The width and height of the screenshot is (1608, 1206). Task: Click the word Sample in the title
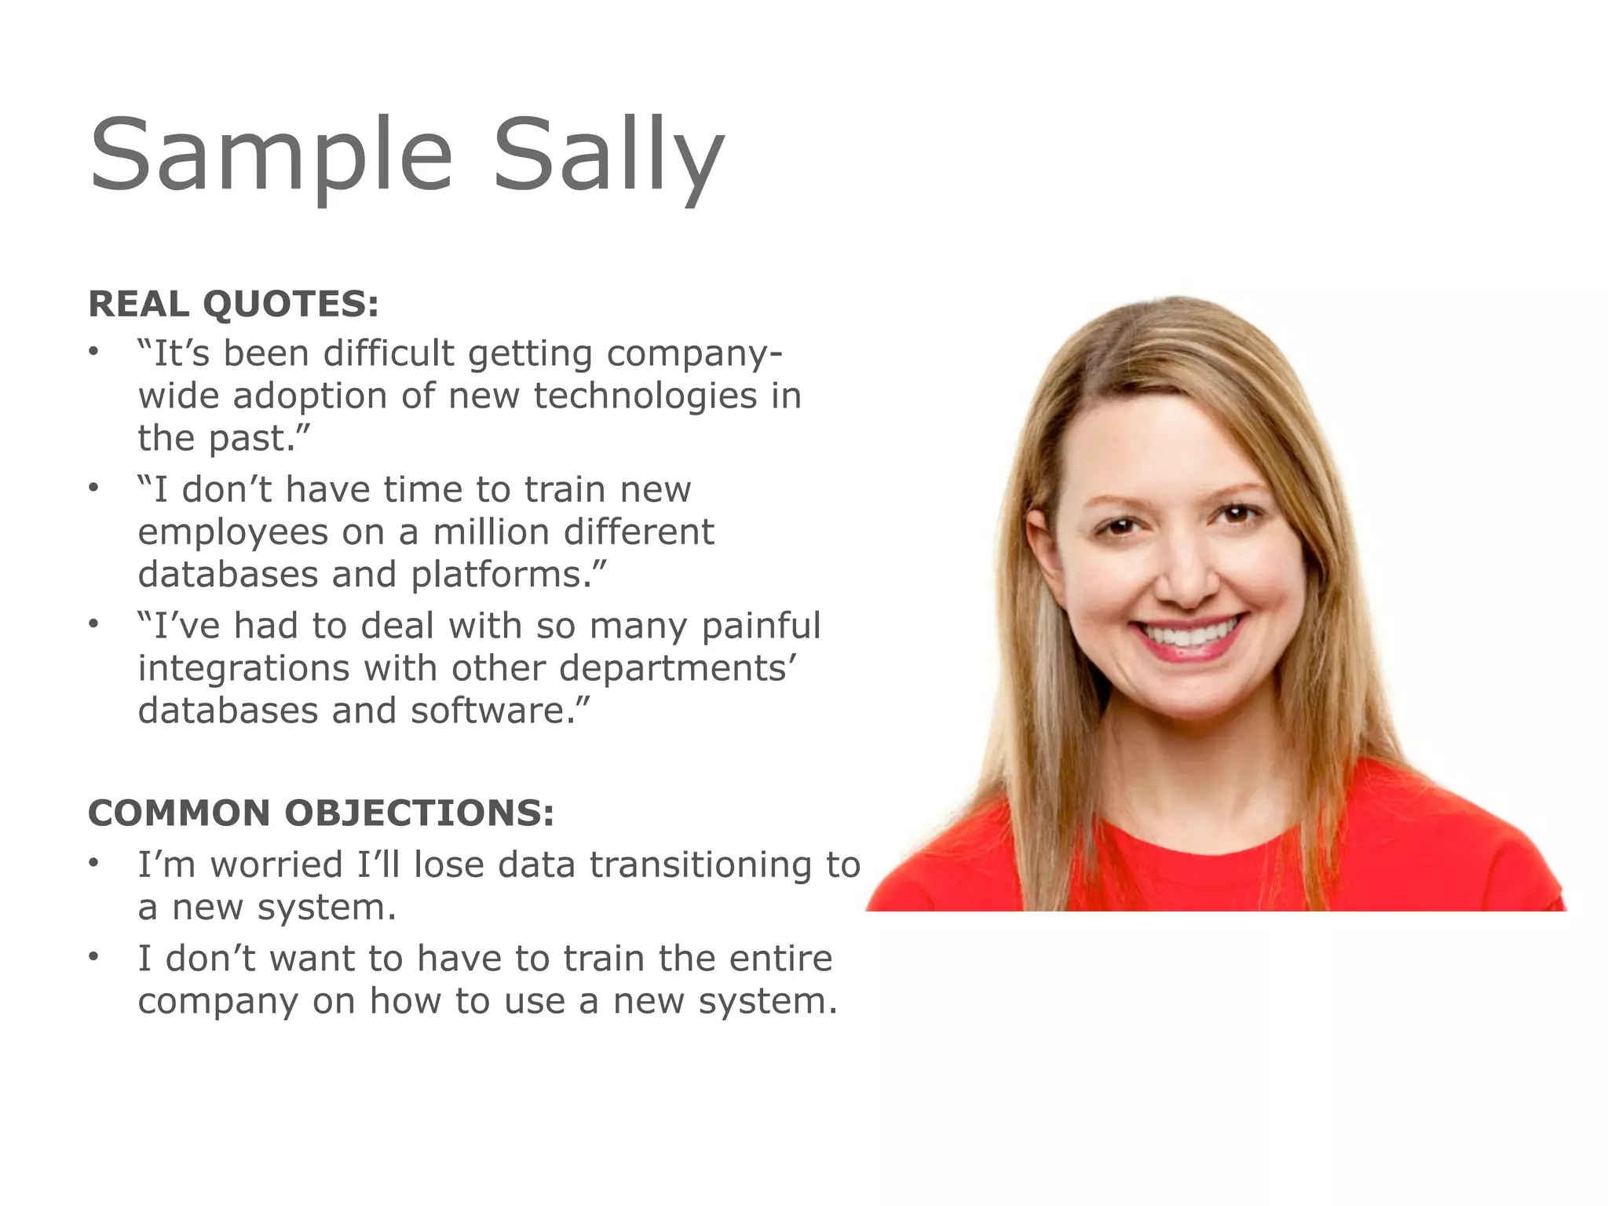coord(271,154)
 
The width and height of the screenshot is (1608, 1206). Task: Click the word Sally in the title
coord(608,154)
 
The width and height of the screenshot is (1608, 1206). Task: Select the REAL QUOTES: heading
coord(233,304)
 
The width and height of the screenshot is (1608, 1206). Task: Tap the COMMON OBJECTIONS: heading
coord(321,813)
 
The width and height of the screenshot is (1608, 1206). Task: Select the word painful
coord(761,626)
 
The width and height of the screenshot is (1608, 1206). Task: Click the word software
coord(497,711)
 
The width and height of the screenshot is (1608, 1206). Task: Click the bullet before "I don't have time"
coord(93,488)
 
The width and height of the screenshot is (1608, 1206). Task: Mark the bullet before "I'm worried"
coord(93,864)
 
